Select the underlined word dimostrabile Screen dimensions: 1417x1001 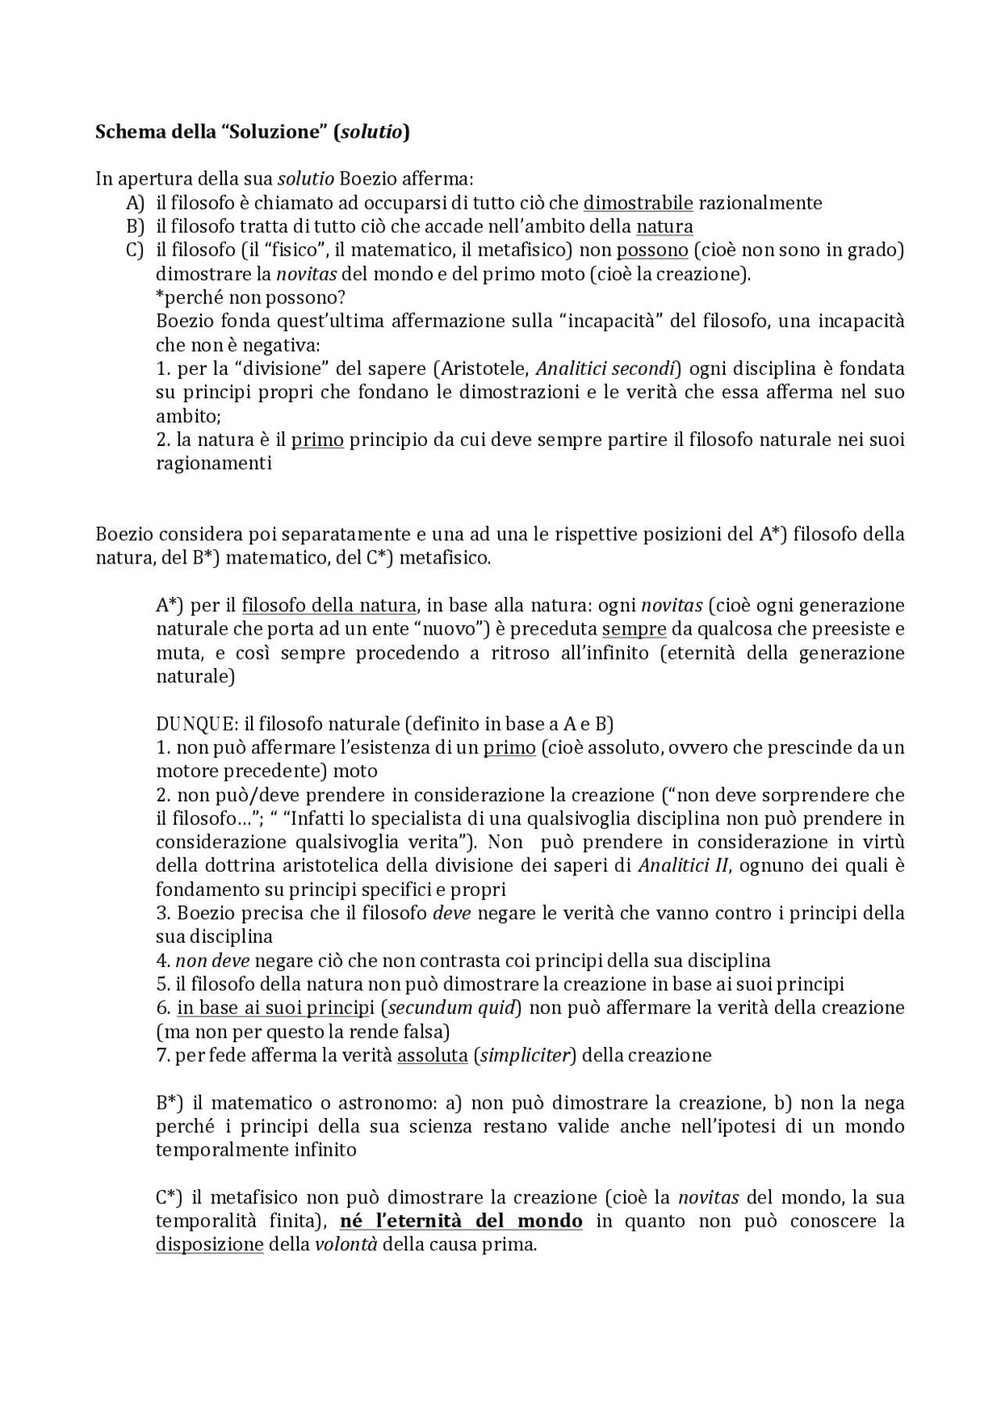(638, 203)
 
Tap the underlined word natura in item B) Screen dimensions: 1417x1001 (664, 227)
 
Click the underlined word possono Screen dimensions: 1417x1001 (652, 250)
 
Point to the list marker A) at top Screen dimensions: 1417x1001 (135, 203)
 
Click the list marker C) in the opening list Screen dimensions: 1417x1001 (135, 250)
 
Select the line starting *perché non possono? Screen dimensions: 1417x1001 (251, 298)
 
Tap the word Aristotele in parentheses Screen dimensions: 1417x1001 (484, 369)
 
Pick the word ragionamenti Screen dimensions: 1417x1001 (213, 463)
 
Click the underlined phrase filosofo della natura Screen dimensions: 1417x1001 (328, 606)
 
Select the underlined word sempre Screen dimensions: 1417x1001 (633, 629)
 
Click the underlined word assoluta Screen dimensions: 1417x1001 (432, 1056)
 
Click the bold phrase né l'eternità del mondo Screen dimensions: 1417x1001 (461, 1221)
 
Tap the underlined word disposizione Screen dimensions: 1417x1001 (209, 1245)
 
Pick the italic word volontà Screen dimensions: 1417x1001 (346, 1245)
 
